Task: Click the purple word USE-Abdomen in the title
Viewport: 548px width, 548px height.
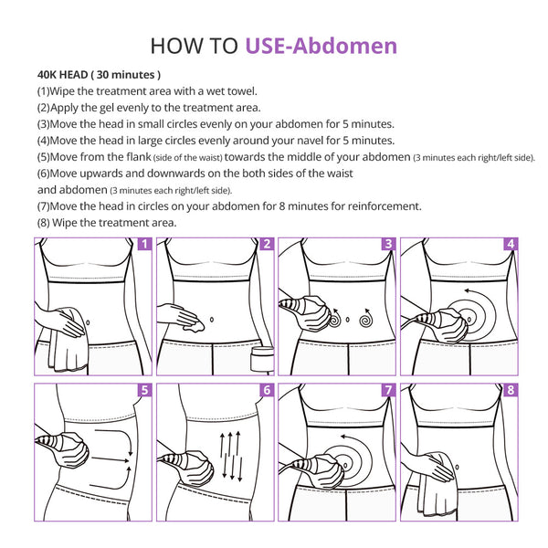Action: pyautogui.click(x=321, y=46)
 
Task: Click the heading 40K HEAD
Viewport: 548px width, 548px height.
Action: pyautogui.click(x=62, y=75)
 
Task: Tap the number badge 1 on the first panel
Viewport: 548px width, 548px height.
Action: pyautogui.click(x=144, y=244)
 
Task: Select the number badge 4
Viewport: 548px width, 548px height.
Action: pyautogui.click(x=511, y=244)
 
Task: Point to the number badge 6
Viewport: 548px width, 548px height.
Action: pyautogui.click(x=267, y=390)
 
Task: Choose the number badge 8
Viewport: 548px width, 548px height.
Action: pyautogui.click(x=511, y=390)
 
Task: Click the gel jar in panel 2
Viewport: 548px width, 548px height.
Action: pyautogui.click(x=262, y=359)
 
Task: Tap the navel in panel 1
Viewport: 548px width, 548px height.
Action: pyautogui.click(x=88, y=322)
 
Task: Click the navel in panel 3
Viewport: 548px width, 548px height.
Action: pyautogui.click(x=347, y=320)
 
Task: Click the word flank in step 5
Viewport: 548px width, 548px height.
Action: pyautogui.click(x=139, y=157)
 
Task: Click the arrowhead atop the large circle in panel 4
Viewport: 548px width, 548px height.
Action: pyautogui.click(x=468, y=290)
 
